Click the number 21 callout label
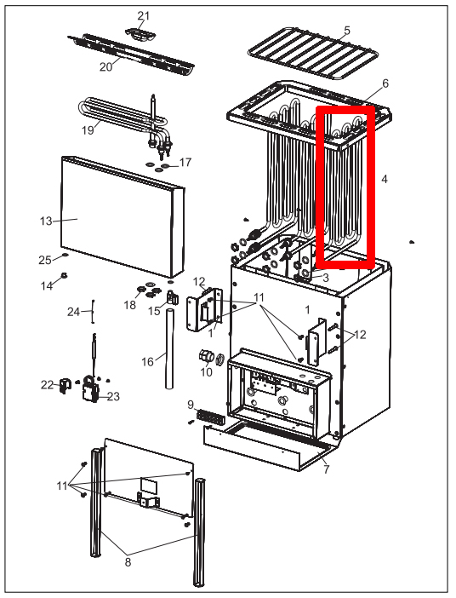(143, 16)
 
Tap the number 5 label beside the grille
(346, 31)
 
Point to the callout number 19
(88, 130)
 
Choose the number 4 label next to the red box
(385, 180)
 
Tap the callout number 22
(46, 385)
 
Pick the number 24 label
(73, 312)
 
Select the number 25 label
(45, 259)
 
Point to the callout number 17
(185, 163)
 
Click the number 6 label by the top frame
(385, 83)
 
